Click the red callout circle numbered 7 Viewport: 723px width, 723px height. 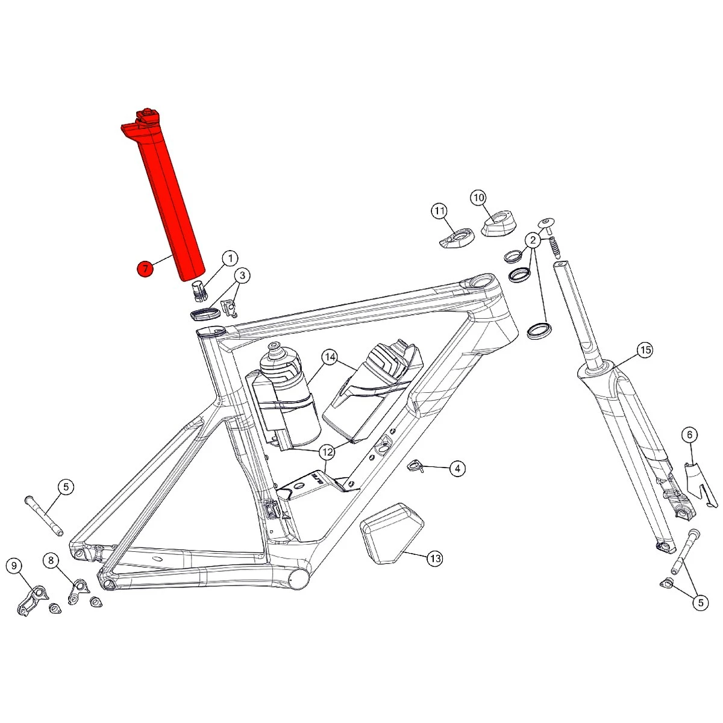click(145, 269)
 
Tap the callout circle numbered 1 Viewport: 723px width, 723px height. click(230, 258)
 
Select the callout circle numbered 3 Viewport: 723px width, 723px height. click(242, 275)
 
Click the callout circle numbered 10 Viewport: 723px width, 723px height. click(478, 198)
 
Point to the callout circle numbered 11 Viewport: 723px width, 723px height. click(439, 211)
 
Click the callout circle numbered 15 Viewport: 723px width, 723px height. click(645, 350)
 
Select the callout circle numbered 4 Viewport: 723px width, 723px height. click(457, 468)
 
